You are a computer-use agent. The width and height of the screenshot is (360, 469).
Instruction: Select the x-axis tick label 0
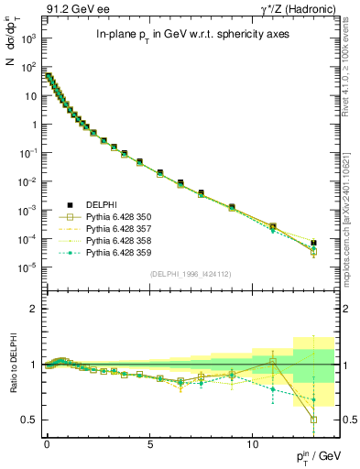coord(47,440)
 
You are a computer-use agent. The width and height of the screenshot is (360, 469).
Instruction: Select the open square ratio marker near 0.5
coord(313,420)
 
